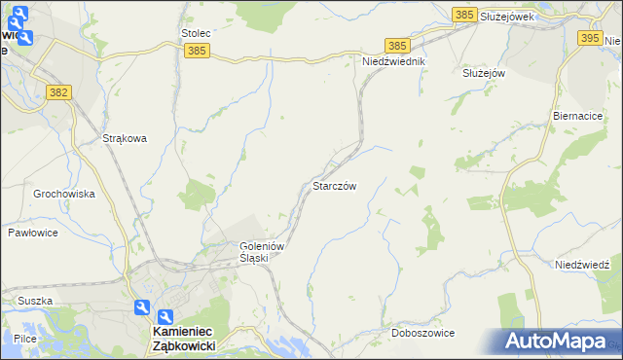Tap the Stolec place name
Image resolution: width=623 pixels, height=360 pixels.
point(196,33)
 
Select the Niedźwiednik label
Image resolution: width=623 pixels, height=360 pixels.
point(394,61)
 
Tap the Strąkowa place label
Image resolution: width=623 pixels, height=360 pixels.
point(125,138)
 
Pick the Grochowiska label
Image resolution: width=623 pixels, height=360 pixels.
point(64,194)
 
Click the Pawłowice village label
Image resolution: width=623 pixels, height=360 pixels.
point(34,233)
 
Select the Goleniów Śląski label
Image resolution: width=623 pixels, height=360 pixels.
point(262,252)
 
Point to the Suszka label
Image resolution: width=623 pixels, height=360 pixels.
point(34,301)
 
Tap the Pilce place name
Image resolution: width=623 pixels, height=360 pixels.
point(25,337)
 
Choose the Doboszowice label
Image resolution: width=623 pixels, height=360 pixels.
point(423,333)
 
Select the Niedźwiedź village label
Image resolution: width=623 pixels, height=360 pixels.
point(582,265)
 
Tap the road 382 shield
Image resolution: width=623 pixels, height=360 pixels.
point(58,90)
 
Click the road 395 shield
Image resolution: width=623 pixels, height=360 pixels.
point(590,38)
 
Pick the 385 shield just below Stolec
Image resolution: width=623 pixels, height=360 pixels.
point(197,50)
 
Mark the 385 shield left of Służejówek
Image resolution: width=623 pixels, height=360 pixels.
point(465,15)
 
